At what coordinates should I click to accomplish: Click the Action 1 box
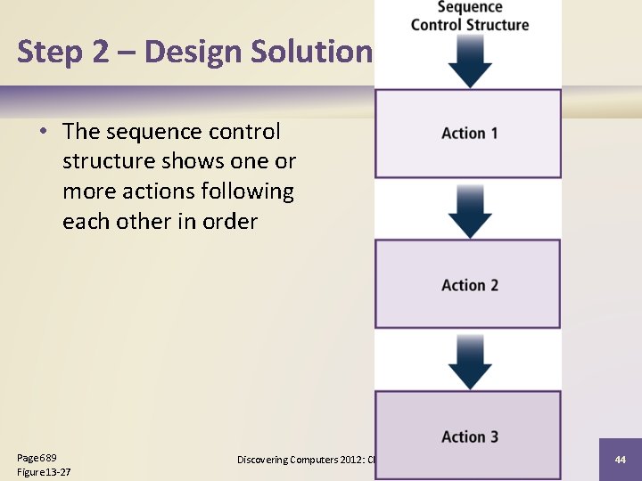[468, 134]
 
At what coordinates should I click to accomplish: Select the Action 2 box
[468, 285]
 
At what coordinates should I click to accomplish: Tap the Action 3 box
[468, 436]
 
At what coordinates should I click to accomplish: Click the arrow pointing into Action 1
[470, 61]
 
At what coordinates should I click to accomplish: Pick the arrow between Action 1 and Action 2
[470, 210]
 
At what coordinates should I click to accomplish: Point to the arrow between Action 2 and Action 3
[470, 362]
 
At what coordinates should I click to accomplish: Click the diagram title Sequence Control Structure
[470, 16]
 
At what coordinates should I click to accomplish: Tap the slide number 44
[620, 460]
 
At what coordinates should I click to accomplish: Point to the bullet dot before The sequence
[43, 133]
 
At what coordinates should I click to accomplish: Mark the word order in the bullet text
[229, 222]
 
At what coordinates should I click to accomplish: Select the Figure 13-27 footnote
[44, 471]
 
